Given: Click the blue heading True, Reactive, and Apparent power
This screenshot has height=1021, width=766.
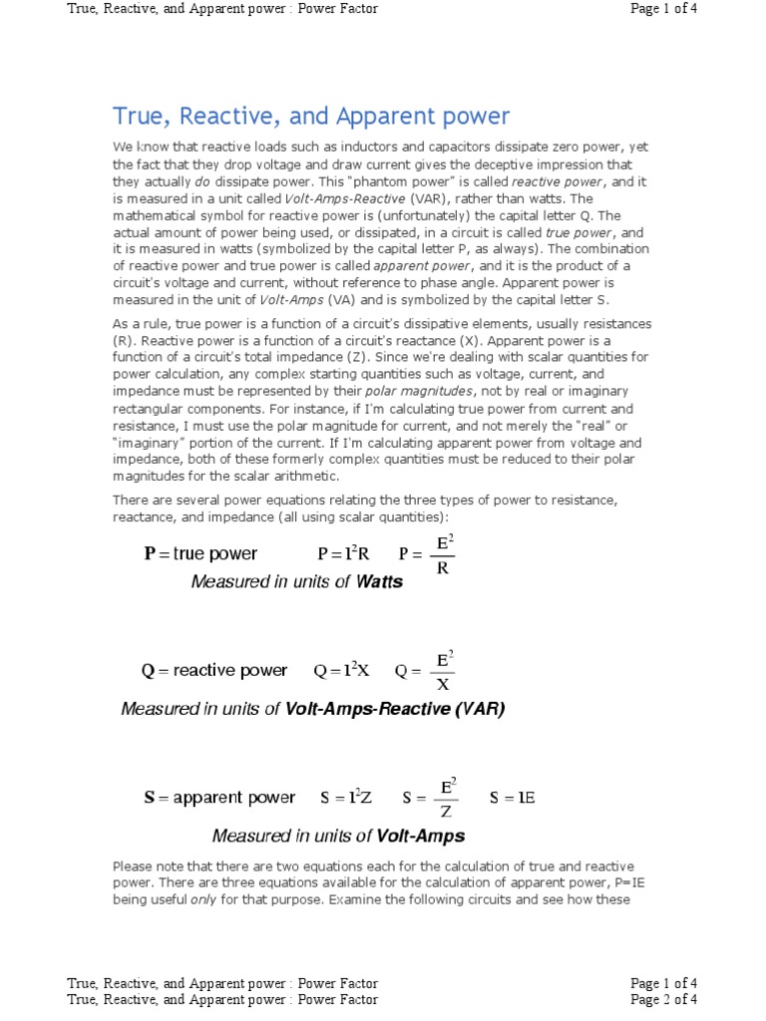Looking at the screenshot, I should pyautogui.click(x=310, y=116).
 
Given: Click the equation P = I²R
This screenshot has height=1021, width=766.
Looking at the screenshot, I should pyautogui.click(x=343, y=554).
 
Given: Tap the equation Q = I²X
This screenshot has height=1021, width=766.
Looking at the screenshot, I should pyautogui.click(x=341, y=671).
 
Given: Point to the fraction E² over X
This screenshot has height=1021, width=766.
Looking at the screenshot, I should pyautogui.click(x=443, y=671).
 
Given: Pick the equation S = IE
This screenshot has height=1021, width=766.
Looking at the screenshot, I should pyautogui.click(x=513, y=798).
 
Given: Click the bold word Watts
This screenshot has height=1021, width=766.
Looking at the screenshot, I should pyautogui.click(x=379, y=582).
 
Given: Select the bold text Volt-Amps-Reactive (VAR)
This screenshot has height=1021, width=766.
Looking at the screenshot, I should pyautogui.click(x=395, y=709).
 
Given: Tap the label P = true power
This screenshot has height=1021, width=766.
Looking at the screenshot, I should pyautogui.click(x=200, y=554).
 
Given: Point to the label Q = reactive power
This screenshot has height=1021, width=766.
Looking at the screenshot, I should pyautogui.click(x=213, y=671).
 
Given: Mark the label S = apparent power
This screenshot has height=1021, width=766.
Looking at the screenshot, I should pyautogui.click(x=219, y=798).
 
